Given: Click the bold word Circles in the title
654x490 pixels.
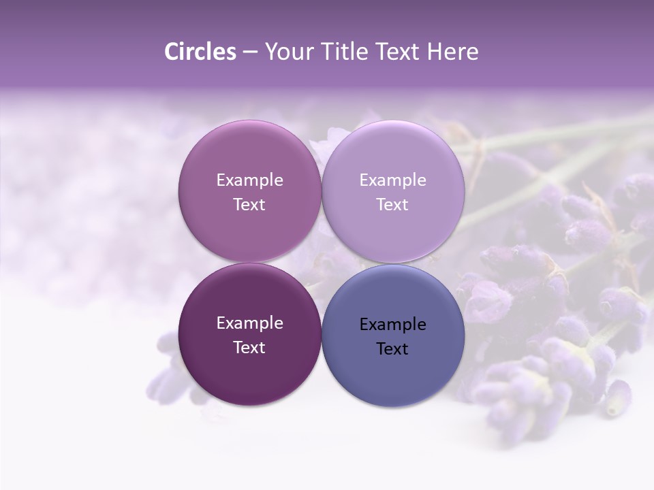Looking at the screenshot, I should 200,52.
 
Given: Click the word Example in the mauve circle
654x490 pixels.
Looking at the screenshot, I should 249,180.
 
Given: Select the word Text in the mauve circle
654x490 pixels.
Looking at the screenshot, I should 249,204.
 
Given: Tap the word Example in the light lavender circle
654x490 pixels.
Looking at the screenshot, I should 392,180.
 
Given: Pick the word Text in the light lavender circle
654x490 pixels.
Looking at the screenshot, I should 392,204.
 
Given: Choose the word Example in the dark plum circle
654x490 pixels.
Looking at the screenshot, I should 249,323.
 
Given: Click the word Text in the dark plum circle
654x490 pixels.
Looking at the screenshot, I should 249,347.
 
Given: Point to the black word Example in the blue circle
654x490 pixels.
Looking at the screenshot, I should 392,324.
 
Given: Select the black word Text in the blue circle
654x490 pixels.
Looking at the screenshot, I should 392,348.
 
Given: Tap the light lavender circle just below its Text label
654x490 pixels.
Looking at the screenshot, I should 392,235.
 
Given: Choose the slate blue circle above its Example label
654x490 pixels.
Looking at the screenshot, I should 392,293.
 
